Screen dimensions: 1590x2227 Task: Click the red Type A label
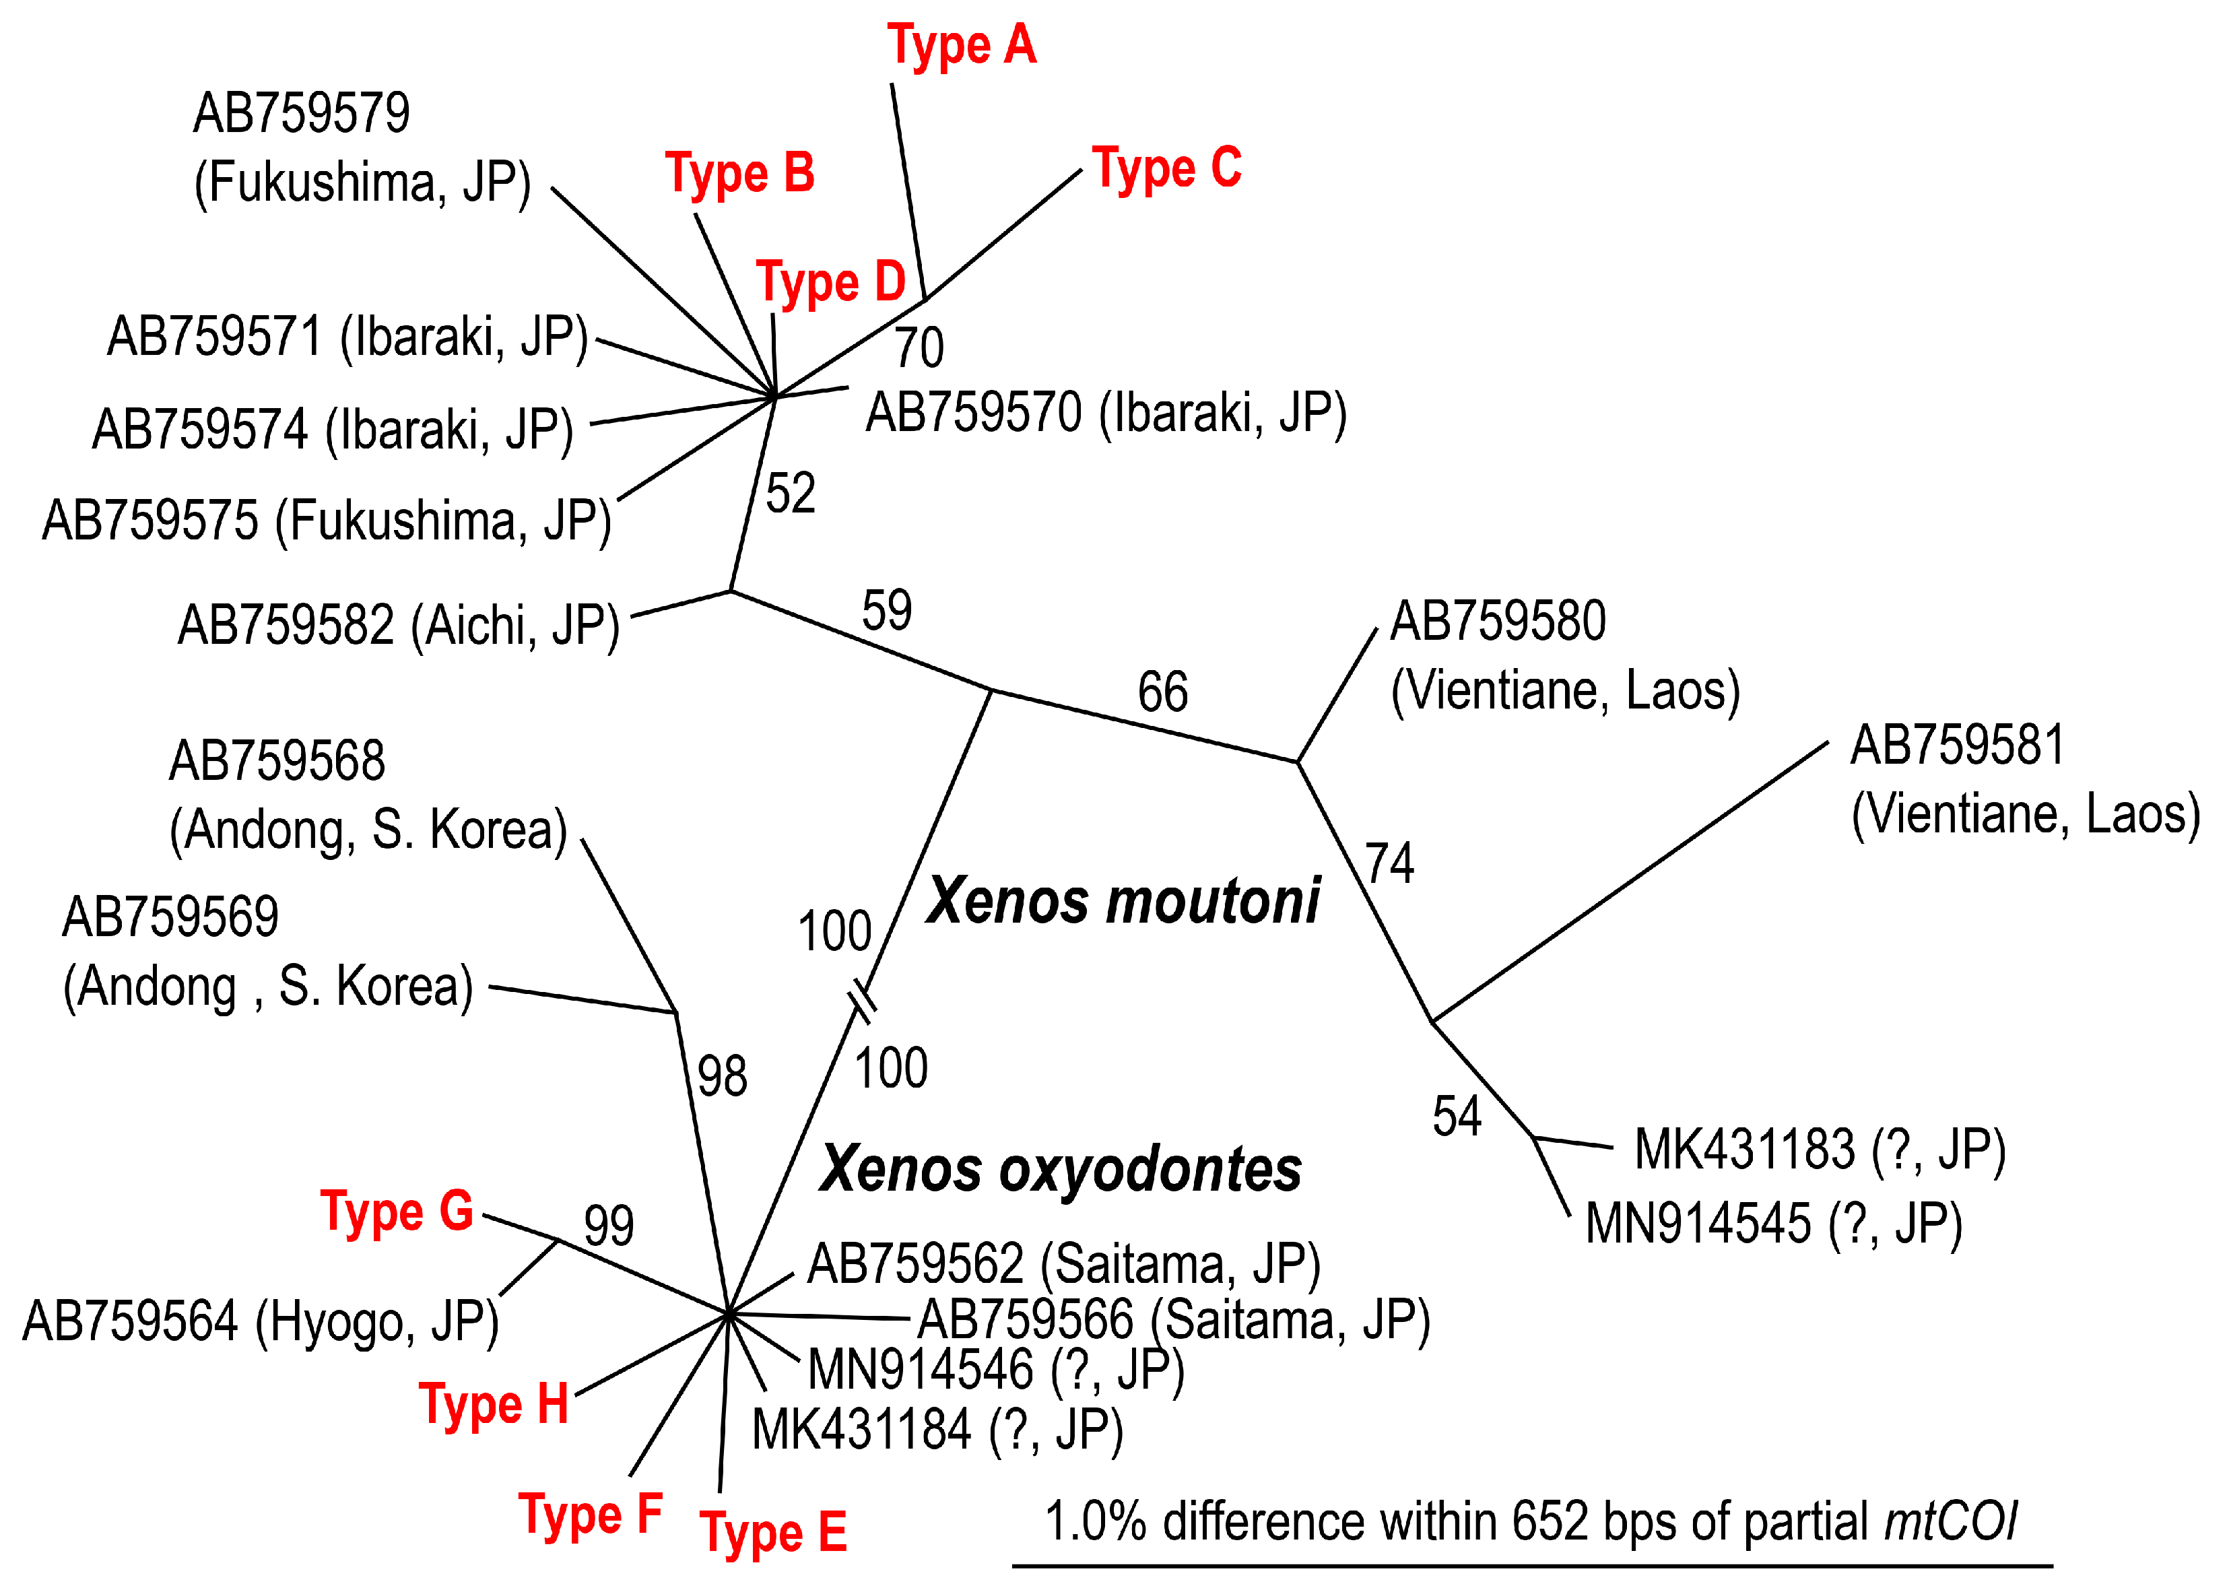pyautogui.click(x=961, y=46)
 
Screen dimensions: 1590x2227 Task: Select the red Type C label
pyautogui.click(x=1167, y=168)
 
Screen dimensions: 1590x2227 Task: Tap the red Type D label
pyautogui.click(x=831, y=283)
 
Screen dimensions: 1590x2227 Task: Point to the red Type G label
pyautogui.click(x=397, y=1212)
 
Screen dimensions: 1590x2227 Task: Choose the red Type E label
pyautogui.click(x=772, y=1532)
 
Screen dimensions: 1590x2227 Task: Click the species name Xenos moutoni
pyautogui.click(x=1123, y=901)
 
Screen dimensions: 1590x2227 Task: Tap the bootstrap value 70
pyautogui.click(x=919, y=347)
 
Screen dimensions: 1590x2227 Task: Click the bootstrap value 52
pyautogui.click(x=790, y=492)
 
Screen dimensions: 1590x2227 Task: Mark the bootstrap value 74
pyautogui.click(x=1389, y=863)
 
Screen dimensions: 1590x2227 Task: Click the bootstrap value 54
pyautogui.click(x=1457, y=1116)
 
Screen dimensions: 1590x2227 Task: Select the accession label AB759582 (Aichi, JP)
pyautogui.click(x=399, y=626)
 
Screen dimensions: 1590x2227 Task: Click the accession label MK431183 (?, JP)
pyautogui.click(x=1820, y=1150)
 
